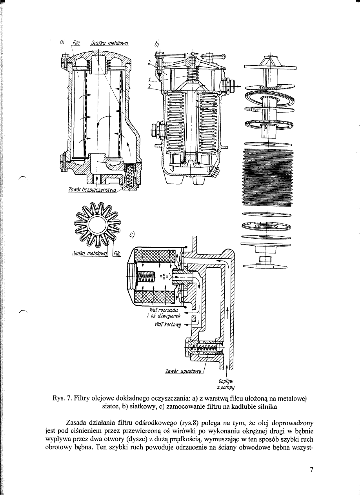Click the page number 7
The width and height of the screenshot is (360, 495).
(311, 470)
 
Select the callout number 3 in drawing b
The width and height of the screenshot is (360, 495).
(149, 62)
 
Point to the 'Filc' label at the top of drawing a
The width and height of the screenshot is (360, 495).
(76, 42)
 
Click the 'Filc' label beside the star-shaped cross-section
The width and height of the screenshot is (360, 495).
(117, 253)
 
